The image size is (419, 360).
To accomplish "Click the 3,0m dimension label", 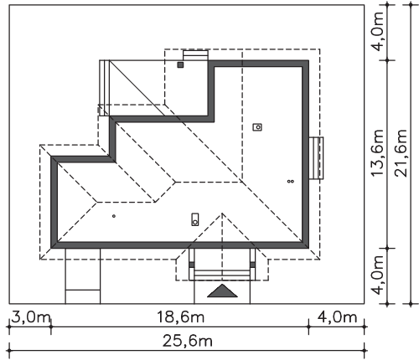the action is [x=31, y=317].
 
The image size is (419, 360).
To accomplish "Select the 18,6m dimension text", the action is [x=180, y=317].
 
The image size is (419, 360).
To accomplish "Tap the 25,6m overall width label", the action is [x=188, y=341].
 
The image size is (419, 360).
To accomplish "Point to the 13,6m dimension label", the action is [x=377, y=152].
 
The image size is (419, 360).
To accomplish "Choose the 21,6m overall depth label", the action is [x=401, y=152].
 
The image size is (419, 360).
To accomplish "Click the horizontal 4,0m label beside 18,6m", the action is [x=337, y=317].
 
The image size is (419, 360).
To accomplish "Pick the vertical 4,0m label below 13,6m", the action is [x=377, y=275].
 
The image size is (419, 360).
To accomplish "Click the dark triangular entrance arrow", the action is [x=222, y=291].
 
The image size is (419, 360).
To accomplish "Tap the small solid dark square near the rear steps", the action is [x=180, y=65].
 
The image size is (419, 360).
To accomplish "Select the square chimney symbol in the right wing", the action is [x=257, y=127].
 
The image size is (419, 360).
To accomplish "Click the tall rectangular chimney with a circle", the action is [x=195, y=219].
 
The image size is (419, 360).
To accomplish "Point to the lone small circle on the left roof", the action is [x=114, y=216].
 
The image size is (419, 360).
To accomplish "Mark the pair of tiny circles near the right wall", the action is [x=291, y=182].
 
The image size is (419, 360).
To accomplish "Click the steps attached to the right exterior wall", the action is [x=316, y=157].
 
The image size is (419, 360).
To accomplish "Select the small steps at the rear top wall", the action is [x=195, y=55].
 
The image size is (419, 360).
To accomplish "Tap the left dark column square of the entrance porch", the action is [x=191, y=265].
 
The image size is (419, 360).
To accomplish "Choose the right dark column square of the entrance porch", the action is [x=253, y=265].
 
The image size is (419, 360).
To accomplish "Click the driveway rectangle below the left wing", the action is [x=83, y=275].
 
